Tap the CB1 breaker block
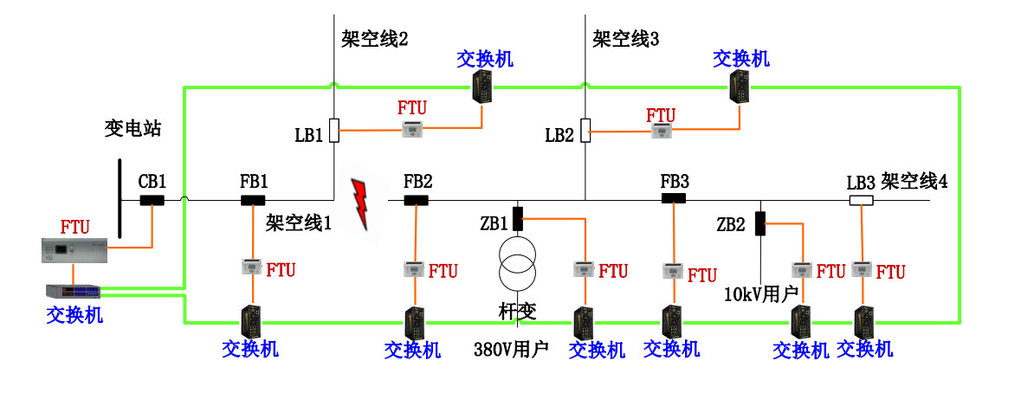152,201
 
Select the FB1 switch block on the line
253,201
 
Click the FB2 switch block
416,201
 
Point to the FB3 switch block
674,198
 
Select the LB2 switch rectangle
585,131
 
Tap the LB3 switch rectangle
860,201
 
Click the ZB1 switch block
518,219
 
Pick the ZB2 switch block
760,223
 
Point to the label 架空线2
374,39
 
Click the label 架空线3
626,39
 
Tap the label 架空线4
914,182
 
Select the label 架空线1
299,222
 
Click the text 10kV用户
760,294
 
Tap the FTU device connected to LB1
412,131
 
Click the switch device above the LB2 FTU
741,87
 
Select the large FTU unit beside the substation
75,251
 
